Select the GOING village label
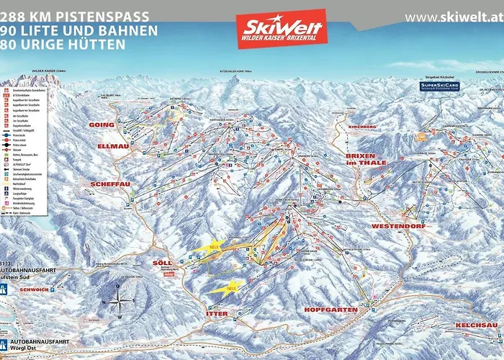(102, 125)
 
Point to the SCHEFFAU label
(109, 184)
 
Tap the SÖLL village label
(163, 264)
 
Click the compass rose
(121, 300)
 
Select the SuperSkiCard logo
(440, 86)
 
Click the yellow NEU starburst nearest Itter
(228, 288)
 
